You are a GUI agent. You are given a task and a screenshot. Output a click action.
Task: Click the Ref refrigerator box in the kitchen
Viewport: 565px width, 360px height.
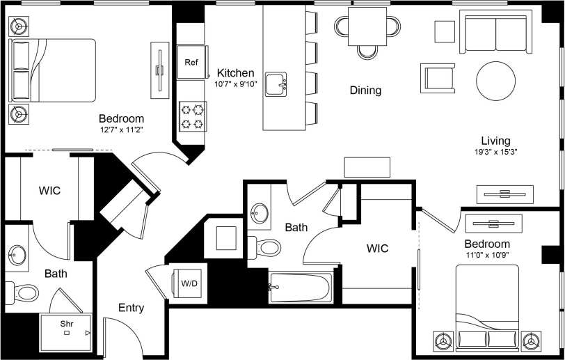coord(191,63)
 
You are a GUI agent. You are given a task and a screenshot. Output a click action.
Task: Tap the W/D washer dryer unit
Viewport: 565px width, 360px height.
coord(189,284)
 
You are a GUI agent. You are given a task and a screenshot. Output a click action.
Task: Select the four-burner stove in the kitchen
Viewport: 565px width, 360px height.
coord(193,116)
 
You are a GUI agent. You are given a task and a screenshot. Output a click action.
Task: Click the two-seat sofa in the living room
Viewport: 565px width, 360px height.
coord(495,34)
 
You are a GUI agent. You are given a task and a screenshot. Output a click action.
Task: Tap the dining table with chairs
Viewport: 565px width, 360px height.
coord(368,29)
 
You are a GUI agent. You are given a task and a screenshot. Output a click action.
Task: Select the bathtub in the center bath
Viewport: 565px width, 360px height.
coord(302,287)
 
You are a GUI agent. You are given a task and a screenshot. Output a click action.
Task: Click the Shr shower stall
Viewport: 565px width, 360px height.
coord(66,332)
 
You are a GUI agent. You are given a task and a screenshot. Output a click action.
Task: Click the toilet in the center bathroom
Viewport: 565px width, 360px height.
coord(266,246)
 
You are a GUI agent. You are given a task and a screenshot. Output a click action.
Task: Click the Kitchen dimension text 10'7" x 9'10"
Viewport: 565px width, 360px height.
coord(236,84)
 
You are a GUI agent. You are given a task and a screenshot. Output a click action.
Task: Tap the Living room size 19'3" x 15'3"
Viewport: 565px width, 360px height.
coord(495,151)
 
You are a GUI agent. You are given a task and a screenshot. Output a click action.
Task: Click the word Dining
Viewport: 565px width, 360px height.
coord(365,91)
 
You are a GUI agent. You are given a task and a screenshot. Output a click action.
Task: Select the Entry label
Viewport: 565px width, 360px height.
coord(131,308)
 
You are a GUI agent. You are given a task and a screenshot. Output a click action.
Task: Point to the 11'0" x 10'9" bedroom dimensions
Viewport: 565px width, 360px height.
coord(487,256)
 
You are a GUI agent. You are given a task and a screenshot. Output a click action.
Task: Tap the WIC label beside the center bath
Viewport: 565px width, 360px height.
coord(378,249)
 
